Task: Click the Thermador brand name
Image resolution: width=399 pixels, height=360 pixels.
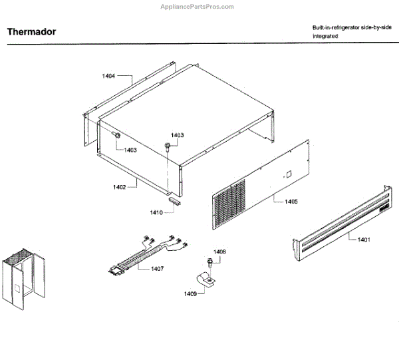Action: point(31,31)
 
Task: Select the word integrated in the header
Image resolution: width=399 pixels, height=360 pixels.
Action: point(325,37)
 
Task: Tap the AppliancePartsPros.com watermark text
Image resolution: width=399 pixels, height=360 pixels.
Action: point(198,7)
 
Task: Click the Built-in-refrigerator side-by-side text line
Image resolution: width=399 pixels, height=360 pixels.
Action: point(352,27)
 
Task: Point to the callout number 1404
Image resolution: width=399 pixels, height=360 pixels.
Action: point(108,77)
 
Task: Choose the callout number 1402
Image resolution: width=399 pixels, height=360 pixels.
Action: point(119,187)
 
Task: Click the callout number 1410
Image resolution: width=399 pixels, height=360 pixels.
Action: point(156,212)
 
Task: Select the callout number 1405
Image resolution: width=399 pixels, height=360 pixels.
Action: point(291,200)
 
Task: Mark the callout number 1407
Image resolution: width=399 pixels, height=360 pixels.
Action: point(158,268)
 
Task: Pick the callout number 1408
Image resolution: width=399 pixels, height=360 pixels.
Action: point(220,252)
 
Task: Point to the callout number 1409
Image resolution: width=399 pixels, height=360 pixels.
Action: point(191,293)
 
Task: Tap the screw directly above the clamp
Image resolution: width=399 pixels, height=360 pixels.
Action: point(209,263)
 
